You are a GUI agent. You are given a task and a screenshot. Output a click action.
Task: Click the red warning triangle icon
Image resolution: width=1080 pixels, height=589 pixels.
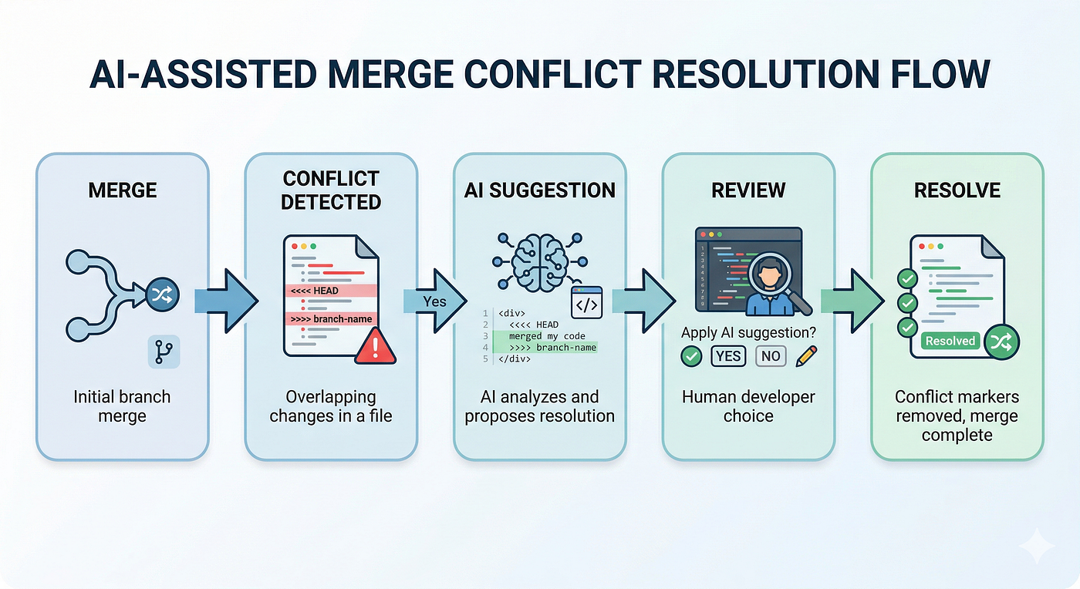tap(375, 346)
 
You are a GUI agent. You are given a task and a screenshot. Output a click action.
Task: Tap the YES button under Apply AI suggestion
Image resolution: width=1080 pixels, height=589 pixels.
tap(728, 356)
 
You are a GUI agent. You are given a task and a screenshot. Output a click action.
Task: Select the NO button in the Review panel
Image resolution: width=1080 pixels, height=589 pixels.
tap(771, 356)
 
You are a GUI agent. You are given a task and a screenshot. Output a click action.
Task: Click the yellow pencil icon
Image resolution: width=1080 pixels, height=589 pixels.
tap(806, 356)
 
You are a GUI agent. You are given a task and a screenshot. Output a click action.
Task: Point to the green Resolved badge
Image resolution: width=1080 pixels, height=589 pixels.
tap(950, 341)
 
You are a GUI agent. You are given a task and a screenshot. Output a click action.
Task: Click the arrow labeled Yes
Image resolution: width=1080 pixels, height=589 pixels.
tap(435, 301)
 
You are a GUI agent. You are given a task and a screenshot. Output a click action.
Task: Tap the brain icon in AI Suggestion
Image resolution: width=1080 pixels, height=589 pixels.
tap(540, 263)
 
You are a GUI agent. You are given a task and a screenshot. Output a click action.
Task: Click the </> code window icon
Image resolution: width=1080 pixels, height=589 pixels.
tap(587, 303)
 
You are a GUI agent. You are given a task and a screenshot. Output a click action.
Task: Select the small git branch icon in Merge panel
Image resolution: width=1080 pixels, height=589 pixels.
tap(164, 352)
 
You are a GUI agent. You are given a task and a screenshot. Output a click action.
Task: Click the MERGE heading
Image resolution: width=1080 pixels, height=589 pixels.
tap(123, 190)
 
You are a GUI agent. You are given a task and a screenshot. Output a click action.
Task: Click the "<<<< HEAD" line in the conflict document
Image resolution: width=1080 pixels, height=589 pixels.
tap(331, 291)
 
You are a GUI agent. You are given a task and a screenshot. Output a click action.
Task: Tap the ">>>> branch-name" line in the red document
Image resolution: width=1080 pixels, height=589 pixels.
tap(331, 318)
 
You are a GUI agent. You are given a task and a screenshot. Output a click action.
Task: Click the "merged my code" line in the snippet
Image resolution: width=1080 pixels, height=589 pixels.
tap(547, 336)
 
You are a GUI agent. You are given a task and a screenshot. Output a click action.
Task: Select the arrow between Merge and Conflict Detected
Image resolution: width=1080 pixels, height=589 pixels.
tap(226, 301)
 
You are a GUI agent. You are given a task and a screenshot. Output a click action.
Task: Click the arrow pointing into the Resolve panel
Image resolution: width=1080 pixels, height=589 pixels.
tap(852, 301)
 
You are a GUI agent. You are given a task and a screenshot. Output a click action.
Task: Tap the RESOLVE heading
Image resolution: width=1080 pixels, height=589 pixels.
tap(957, 190)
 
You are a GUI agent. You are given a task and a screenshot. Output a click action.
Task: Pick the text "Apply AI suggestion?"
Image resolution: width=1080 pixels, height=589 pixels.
tap(748, 332)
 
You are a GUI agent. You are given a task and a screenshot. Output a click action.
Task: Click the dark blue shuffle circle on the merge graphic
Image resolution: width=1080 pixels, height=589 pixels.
tap(163, 294)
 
